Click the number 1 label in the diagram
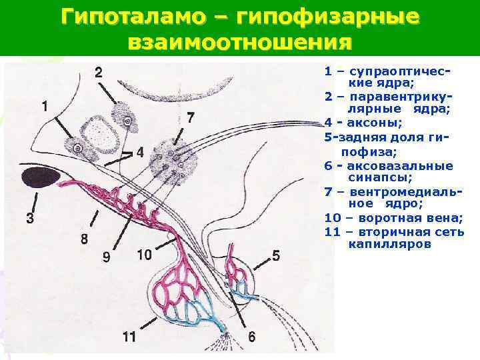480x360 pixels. point(44,106)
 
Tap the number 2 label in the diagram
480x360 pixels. point(99,72)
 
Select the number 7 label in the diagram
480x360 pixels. point(191,118)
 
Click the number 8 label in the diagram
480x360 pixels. point(84,239)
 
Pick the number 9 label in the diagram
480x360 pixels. point(107,257)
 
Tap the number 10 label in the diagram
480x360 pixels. point(144,254)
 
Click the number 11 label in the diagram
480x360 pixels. point(129,337)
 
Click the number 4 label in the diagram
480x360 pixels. point(139,152)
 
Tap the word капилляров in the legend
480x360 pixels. point(389,244)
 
